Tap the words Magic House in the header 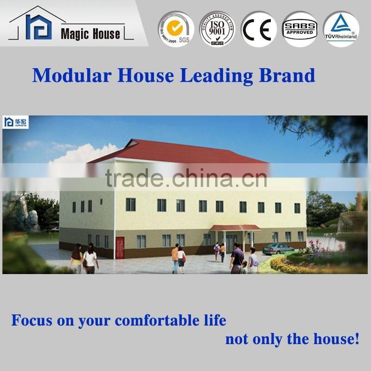90,33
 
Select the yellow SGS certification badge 175,29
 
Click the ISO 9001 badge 217,29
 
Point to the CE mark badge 258,29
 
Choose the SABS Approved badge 300,29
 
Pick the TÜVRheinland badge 341,29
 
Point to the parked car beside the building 278,248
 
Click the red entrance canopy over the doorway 235,227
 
